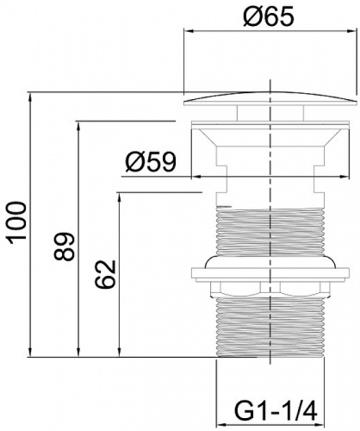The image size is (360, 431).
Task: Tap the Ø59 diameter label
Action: pos(151,161)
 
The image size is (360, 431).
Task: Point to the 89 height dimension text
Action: pos(64,247)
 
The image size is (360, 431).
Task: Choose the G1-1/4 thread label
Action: pos(276,412)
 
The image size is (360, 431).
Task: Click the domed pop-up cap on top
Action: pos(270,99)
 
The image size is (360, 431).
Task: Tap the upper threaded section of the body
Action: pos(270,231)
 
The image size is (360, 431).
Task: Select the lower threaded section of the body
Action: pos(270,327)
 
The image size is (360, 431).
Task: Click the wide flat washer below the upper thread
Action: pos(270,273)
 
